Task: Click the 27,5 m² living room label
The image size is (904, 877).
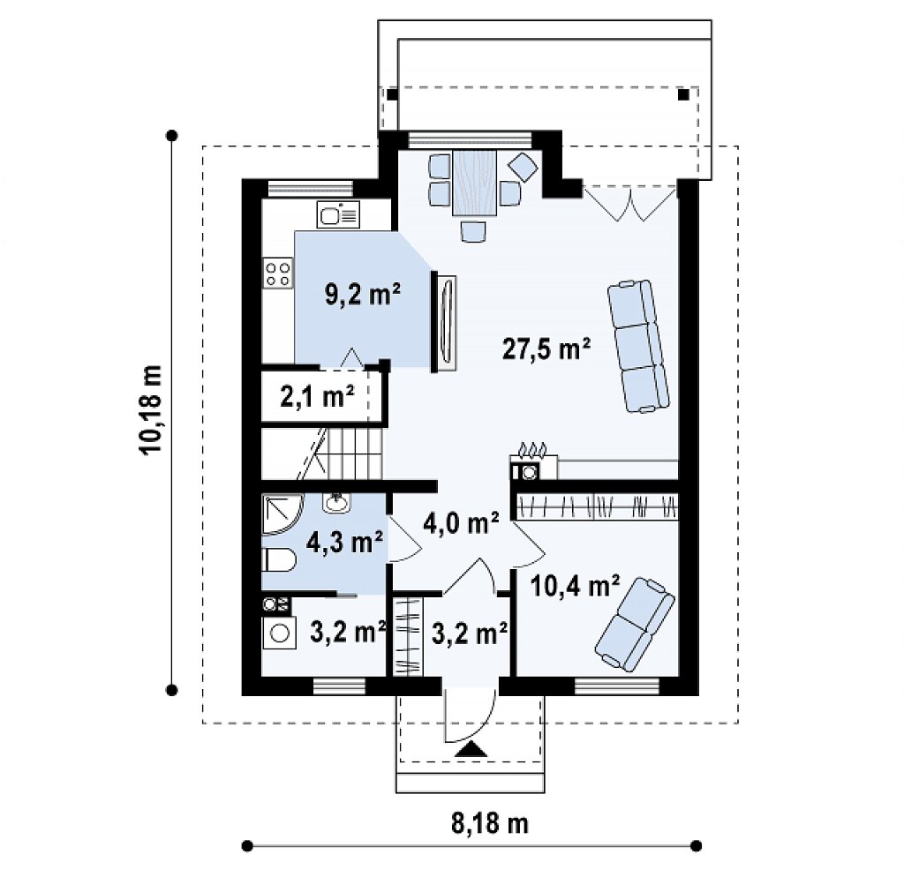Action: (x=546, y=349)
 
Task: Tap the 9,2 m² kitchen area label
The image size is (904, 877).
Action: (x=363, y=295)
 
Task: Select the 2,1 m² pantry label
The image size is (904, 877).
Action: (x=317, y=396)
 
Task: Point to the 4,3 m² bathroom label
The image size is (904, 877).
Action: (x=345, y=542)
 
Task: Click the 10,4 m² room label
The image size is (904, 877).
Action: (x=575, y=586)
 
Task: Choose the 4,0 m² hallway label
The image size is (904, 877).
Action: (x=461, y=522)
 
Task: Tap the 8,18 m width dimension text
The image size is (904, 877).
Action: (x=489, y=823)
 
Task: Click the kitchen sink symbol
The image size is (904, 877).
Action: (x=338, y=214)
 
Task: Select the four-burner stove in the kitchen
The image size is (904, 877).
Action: (x=278, y=274)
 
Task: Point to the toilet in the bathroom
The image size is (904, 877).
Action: (x=278, y=560)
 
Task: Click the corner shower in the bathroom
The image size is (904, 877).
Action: (x=281, y=514)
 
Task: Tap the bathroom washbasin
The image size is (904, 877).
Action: (x=335, y=503)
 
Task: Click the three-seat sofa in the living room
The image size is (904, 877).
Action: (x=638, y=347)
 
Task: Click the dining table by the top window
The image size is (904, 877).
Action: (x=474, y=183)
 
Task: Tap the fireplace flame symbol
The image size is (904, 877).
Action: (x=532, y=449)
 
